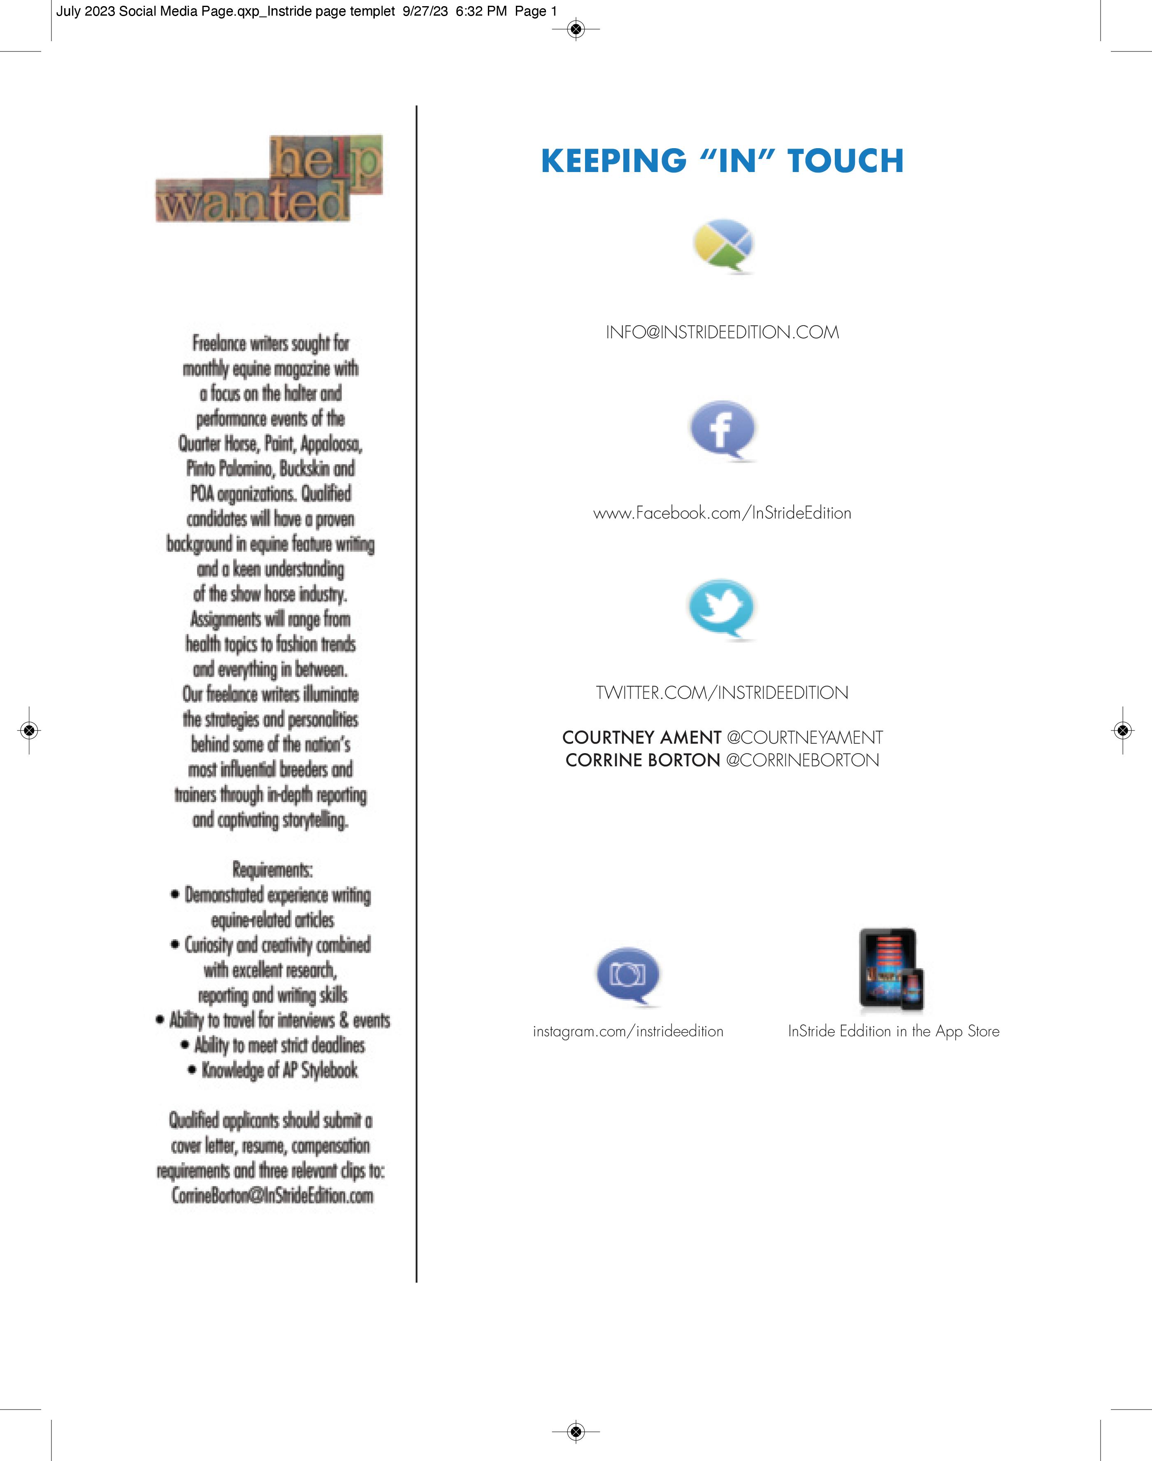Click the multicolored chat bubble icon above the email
(723, 245)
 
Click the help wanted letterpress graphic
(270, 179)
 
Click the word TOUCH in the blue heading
(845, 161)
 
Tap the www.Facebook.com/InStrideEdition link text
(722, 513)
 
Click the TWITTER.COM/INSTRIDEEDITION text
(722, 693)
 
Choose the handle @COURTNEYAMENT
(804, 737)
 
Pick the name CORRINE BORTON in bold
(643, 760)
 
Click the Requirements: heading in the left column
(272, 870)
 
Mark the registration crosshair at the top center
(575, 29)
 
